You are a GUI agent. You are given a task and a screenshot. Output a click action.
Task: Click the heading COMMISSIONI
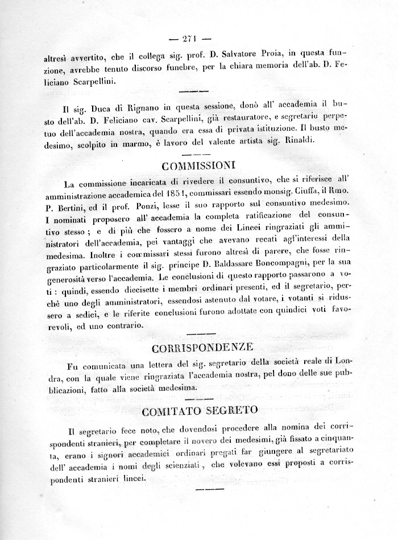pos(199,167)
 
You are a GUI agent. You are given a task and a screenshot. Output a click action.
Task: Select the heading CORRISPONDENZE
pos(198,347)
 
